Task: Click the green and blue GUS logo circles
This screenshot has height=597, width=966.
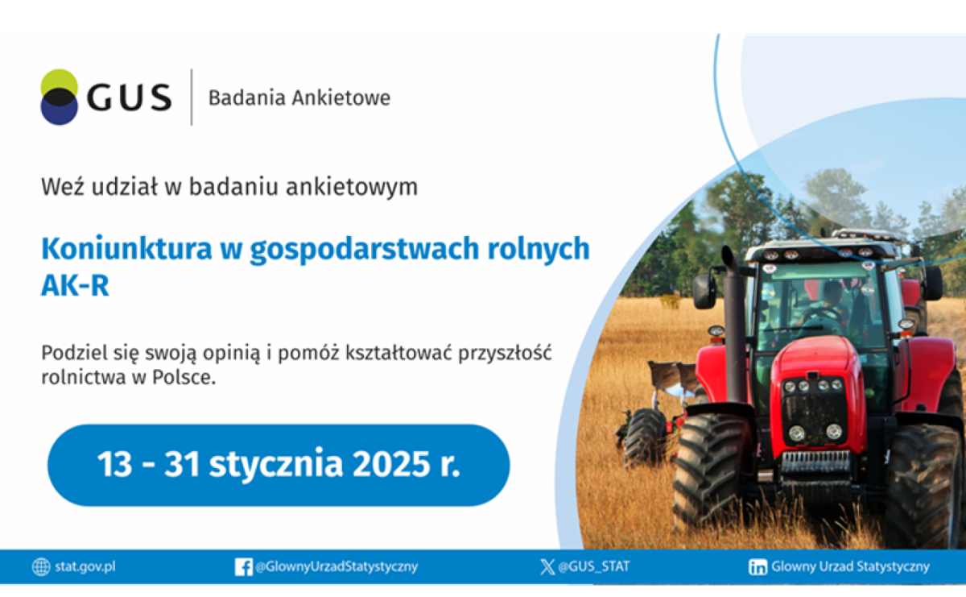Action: (60, 97)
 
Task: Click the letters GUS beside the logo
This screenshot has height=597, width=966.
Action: (129, 97)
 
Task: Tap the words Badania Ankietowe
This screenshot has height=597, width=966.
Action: (299, 98)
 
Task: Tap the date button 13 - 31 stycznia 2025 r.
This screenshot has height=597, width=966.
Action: (279, 466)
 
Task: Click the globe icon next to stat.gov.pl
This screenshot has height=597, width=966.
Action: (41, 567)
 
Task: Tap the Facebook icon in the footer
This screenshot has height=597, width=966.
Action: (243, 567)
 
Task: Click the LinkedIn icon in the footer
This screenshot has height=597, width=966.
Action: (758, 567)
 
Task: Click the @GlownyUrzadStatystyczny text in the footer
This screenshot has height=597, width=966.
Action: (336, 566)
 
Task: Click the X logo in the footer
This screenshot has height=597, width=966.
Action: (547, 567)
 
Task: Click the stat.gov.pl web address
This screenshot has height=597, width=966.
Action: (85, 566)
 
